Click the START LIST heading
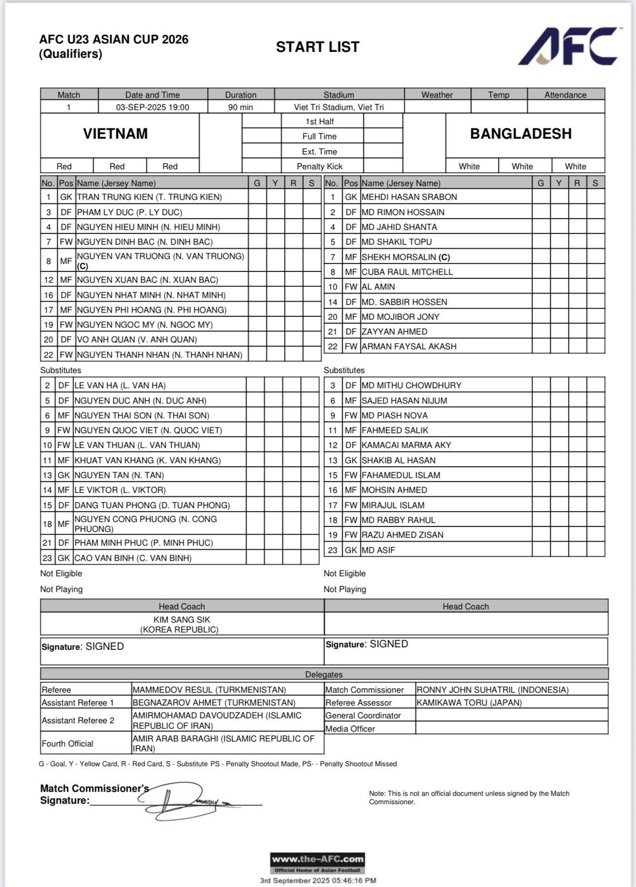click(318, 47)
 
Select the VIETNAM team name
click(115, 134)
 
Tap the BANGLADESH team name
click(521, 134)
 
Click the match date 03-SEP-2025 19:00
click(152, 107)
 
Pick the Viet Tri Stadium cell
click(339, 107)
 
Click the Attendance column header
click(565, 95)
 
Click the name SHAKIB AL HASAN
click(398, 460)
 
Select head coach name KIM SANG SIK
click(181, 620)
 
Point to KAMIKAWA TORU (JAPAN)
click(469, 702)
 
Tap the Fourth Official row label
click(68, 743)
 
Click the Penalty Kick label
click(319, 166)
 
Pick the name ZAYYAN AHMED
click(394, 332)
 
